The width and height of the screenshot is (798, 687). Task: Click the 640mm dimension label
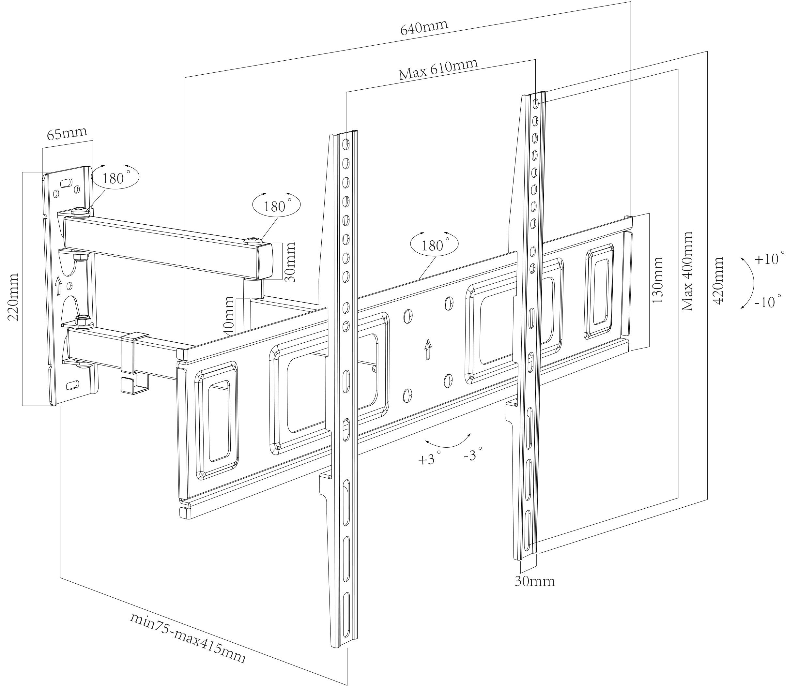[x=424, y=28]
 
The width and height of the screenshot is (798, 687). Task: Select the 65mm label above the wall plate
[x=67, y=134]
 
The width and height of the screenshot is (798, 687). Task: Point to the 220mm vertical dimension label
[x=13, y=297]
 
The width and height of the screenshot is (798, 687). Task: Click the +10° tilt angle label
[x=769, y=259]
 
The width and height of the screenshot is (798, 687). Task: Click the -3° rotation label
[x=473, y=455]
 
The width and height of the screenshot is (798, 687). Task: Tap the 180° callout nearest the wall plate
[x=115, y=178]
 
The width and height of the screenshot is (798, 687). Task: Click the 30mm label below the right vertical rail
[x=535, y=581]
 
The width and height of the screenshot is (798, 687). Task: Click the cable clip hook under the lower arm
[x=135, y=385]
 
